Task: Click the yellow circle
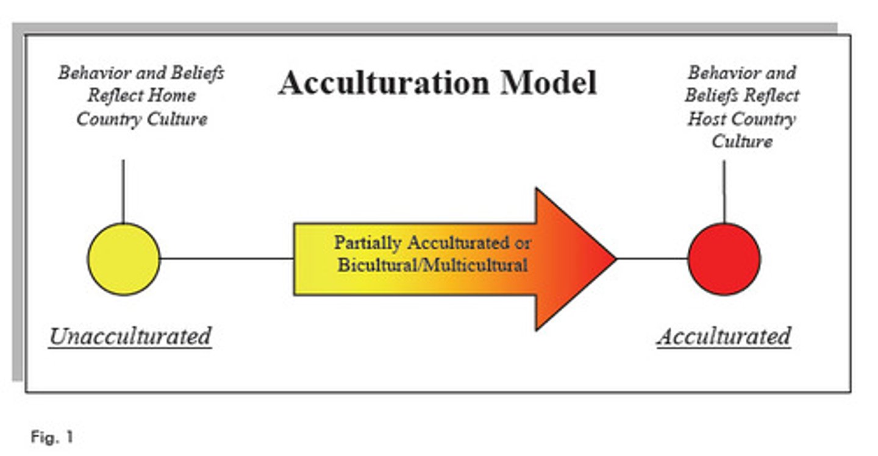click(124, 259)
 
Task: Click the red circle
click(724, 259)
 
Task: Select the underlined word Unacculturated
click(130, 336)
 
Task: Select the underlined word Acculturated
click(724, 336)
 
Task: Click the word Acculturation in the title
click(384, 83)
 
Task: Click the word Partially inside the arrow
click(368, 243)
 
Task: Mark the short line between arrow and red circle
click(652, 258)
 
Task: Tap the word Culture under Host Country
click(742, 141)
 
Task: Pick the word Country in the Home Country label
click(107, 118)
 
